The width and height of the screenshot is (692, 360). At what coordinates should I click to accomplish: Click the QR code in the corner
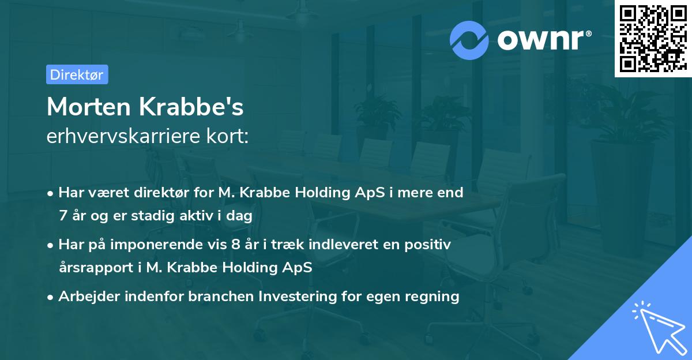click(x=653, y=39)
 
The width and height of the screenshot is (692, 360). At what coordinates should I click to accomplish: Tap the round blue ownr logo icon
click(x=469, y=40)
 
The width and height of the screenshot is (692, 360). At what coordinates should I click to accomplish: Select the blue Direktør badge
click(x=77, y=74)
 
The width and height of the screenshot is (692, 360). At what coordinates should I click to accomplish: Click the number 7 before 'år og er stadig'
click(x=62, y=215)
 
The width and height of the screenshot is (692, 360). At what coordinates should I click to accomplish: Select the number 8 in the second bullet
click(x=235, y=245)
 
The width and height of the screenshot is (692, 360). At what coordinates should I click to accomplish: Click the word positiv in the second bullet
click(x=429, y=245)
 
